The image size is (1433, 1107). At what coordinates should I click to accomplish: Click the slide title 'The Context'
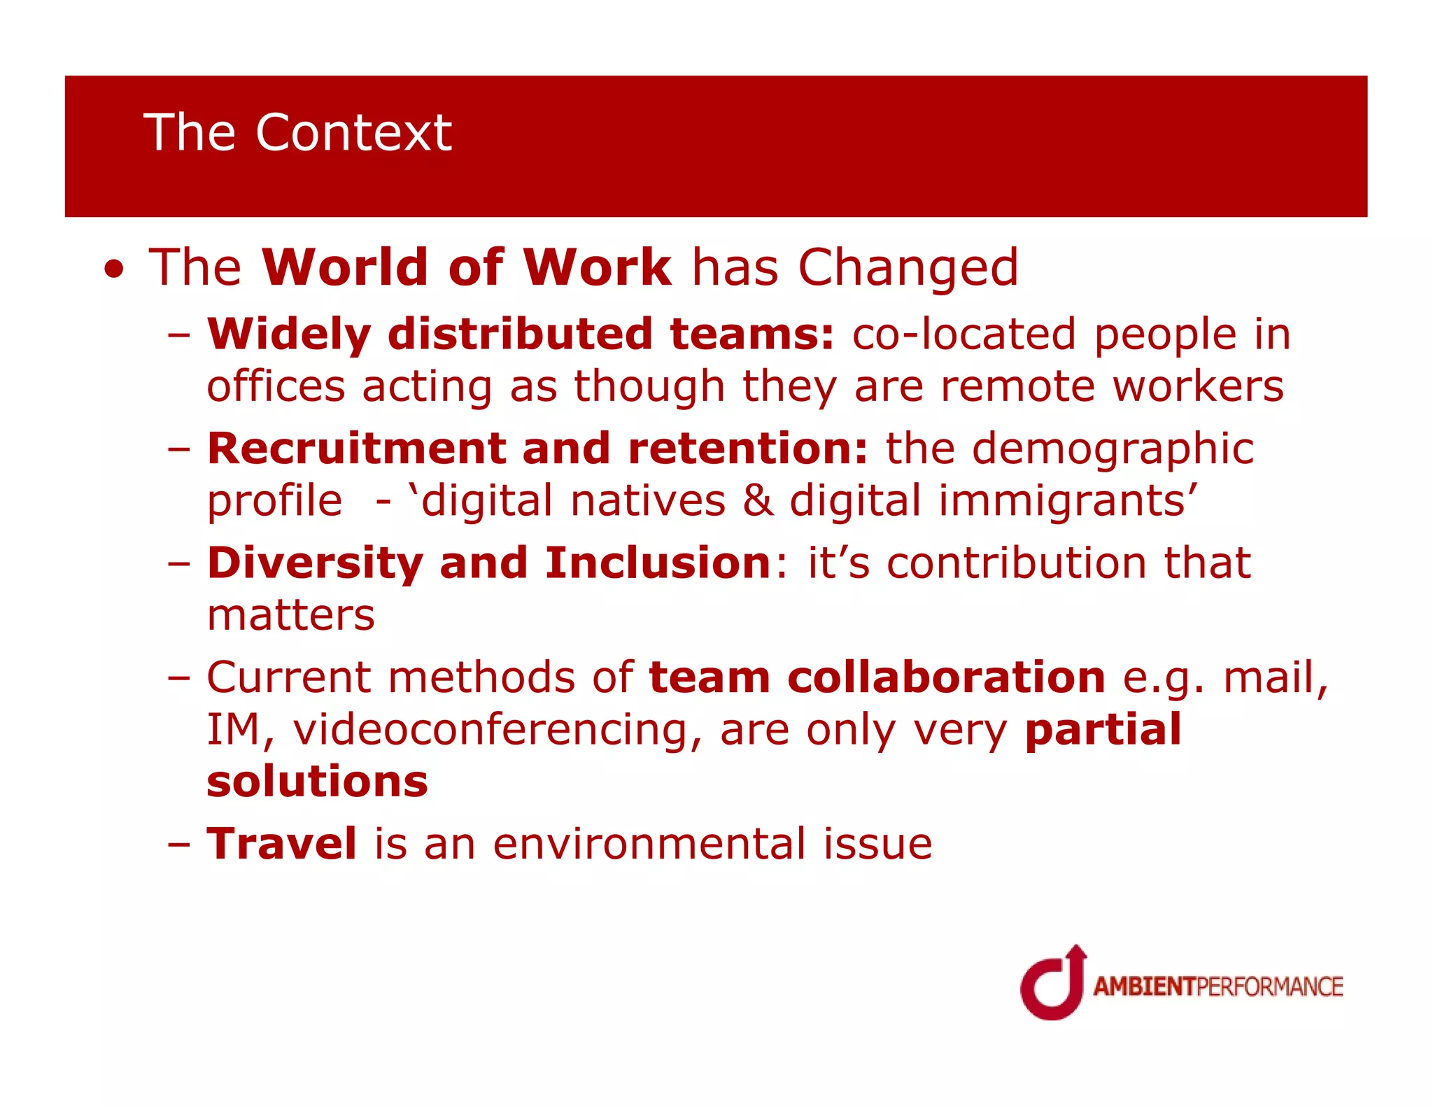tap(297, 132)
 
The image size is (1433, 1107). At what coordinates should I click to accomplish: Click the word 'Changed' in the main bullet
tap(908, 268)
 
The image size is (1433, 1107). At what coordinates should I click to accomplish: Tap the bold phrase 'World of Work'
tap(466, 268)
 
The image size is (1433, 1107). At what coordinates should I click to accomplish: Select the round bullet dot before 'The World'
tap(114, 270)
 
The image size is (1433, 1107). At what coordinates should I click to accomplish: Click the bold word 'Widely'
tap(288, 334)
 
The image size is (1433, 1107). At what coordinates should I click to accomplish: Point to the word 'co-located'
tap(963, 334)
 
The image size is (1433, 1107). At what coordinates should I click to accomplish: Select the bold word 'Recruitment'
tap(356, 449)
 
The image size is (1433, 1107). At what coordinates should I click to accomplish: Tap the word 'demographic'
tap(1113, 449)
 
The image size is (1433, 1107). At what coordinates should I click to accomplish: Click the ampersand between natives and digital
tap(758, 501)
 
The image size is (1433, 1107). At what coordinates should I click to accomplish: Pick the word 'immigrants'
tap(1066, 501)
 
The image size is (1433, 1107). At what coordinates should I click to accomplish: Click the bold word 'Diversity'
tap(315, 563)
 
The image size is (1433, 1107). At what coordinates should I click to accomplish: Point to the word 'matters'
tap(291, 616)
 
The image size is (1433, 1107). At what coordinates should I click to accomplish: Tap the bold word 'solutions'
tap(317, 782)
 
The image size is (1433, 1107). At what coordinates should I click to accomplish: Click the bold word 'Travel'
tap(282, 844)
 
